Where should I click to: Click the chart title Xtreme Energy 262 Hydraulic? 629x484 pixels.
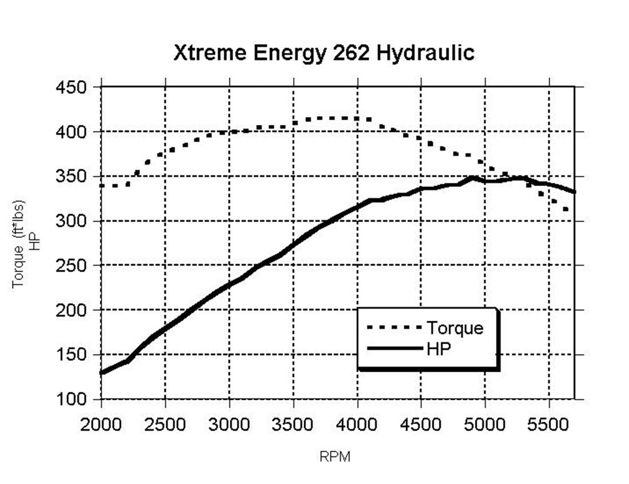pyautogui.click(x=324, y=53)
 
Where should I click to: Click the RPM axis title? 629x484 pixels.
pyautogui.click(x=335, y=457)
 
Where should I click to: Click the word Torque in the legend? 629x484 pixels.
pyautogui.click(x=454, y=328)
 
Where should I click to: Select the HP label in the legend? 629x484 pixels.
pyautogui.click(x=439, y=349)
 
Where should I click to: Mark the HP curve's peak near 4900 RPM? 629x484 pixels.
pyautogui.click(x=472, y=178)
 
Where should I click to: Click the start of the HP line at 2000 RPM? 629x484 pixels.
pyautogui.click(x=102, y=373)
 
